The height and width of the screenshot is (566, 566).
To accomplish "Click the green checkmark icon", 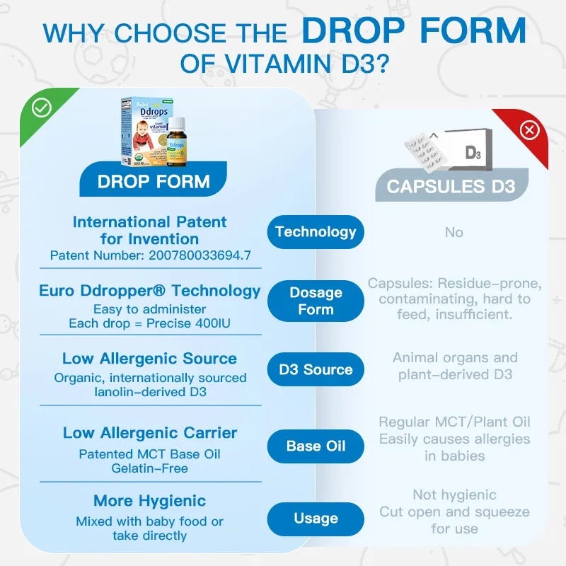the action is point(42,108).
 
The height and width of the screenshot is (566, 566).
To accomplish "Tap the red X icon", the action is point(529,130).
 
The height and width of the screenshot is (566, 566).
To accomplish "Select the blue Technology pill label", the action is point(316,232).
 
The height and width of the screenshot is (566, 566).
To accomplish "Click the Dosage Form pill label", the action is point(316,301).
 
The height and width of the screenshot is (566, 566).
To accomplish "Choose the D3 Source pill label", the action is point(316,369).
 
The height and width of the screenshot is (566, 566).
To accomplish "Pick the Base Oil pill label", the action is point(316,446).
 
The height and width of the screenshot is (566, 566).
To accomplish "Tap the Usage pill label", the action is point(316,519).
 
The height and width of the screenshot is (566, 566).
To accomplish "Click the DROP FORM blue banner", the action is point(153,180).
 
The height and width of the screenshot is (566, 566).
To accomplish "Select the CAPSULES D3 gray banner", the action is point(451,185).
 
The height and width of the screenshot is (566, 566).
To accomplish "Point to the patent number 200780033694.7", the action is point(200,255).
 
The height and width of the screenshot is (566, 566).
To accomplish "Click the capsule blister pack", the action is point(426,151).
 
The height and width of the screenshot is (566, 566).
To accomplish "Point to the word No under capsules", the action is point(454,233).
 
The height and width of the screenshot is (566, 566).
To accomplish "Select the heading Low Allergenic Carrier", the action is point(150,433).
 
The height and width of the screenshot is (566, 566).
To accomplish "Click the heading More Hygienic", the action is point(149,501).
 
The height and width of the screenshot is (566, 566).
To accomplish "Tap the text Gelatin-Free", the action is point(149,468).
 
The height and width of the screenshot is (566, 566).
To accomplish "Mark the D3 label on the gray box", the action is point(473,152).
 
